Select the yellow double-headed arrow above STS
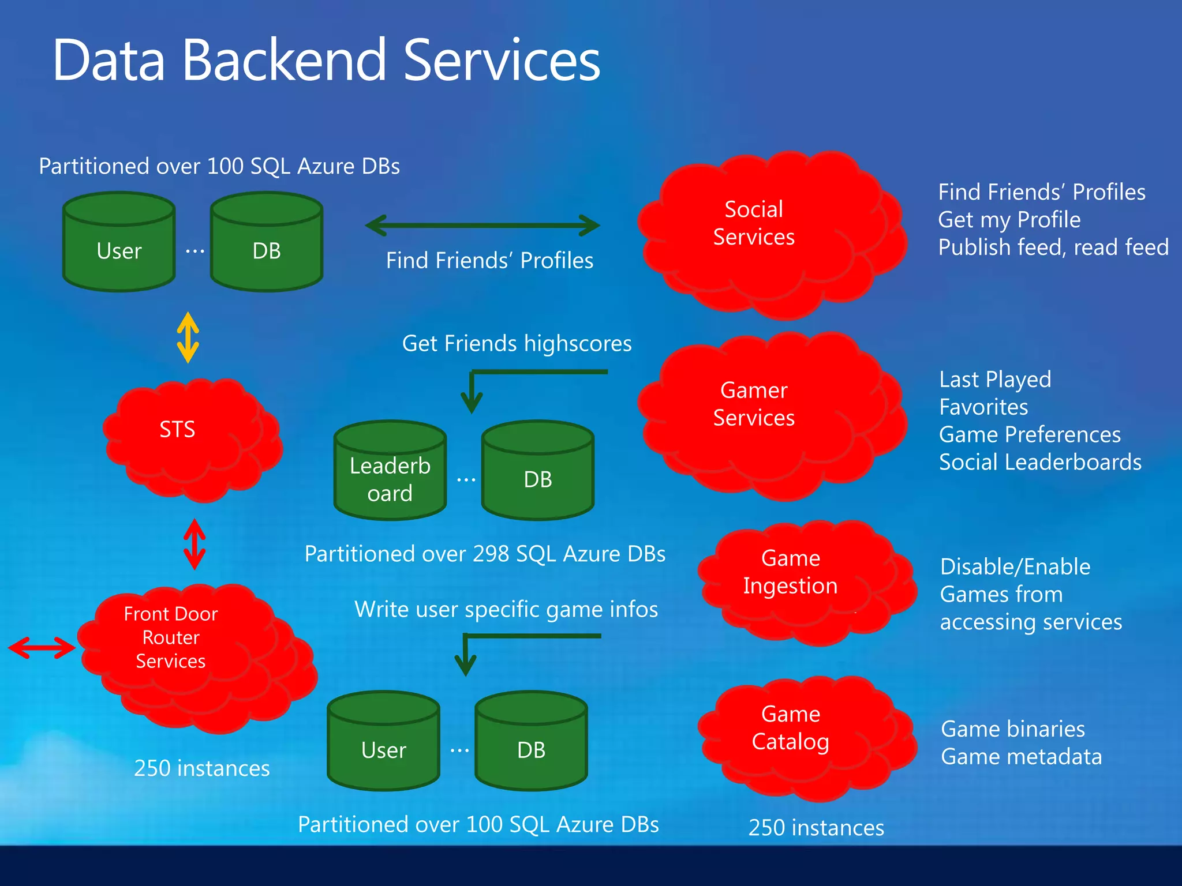point(188,337)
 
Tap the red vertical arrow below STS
point(194,544)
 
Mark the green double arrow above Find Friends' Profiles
point(482,226)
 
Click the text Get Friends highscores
point(517,344)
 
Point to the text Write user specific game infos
point(506,610)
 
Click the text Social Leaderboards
point(1040,463)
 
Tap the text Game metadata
point(1021,757)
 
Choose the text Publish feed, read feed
point(1053,247)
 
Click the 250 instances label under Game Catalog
point(816,828)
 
